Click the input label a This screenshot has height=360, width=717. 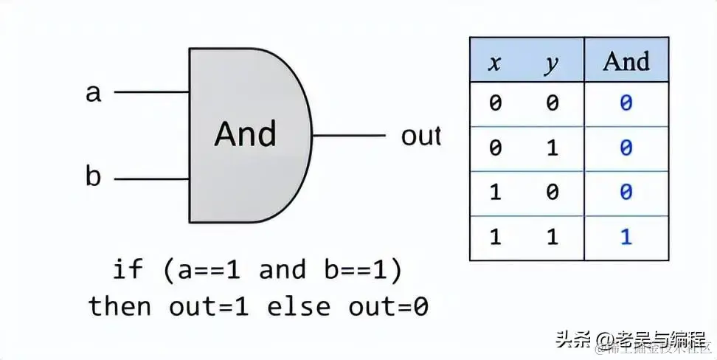coord(94,93)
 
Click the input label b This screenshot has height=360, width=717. coord(94,178)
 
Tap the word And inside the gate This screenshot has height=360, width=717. coord(245,134)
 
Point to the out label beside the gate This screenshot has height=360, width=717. coord(420,136)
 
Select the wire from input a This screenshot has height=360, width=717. coord(151,93)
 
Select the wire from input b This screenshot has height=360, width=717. coord(151,179)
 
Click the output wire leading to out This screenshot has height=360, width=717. coord(348,136)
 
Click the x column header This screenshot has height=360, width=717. coord(495,63)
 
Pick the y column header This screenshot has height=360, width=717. coord(552,63)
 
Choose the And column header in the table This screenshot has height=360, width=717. coord(626,62)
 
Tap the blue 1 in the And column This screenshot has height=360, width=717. coord(626,238)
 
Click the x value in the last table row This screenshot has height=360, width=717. coord(495,238)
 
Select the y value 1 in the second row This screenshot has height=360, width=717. coord(552,148)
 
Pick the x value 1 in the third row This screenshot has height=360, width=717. coord(495,193)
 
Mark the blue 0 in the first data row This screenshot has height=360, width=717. coord(626,103)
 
